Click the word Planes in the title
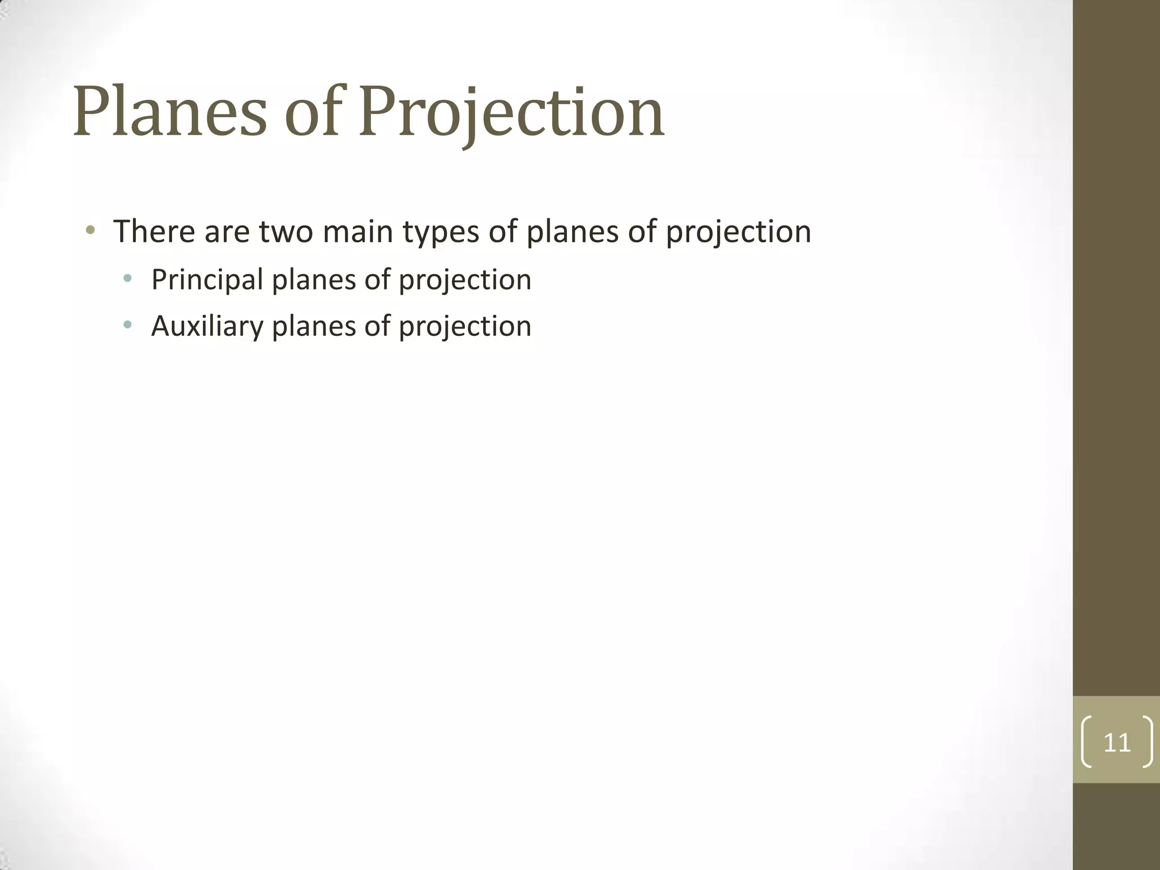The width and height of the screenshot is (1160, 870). coord(169,112)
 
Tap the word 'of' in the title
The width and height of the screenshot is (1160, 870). coord(313,112)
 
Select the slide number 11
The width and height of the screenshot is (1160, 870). coord(1117,743)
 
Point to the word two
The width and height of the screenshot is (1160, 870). coord(286,232)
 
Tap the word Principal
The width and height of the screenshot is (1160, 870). coord(207,280)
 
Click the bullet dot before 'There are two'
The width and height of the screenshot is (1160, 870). coord(90,231)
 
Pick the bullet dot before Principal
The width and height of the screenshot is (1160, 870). coord(127,278)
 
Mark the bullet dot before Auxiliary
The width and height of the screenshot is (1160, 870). coord(127,325)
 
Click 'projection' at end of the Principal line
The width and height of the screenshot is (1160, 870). coord(465,281)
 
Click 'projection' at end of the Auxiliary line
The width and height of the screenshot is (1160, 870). coord(465,327)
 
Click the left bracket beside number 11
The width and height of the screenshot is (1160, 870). coord(1086,742)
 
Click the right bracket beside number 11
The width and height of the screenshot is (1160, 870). coord(1148,742)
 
